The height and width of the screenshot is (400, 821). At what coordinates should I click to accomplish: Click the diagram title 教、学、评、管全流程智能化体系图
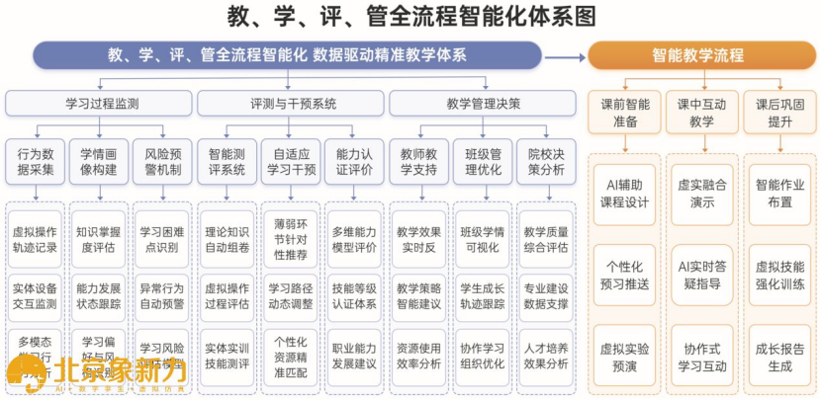click(410, 17)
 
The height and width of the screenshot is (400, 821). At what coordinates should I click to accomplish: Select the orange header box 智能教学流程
click(697, 55)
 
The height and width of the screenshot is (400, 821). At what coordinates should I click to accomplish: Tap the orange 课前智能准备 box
click(625, 112)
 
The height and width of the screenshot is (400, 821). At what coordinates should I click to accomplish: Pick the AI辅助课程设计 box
click(625, 193)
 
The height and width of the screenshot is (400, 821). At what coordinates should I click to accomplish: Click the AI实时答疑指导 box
click(701, 275)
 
